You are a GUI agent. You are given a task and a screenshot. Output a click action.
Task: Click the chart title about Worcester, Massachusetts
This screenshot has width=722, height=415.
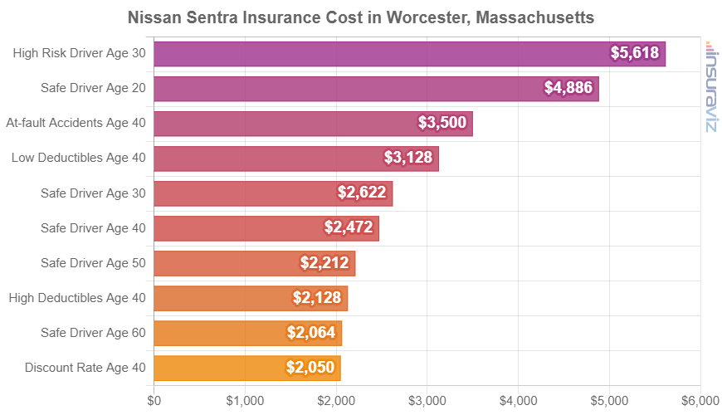coord(361,17)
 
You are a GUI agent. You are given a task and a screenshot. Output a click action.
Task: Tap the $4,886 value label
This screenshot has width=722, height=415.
coord(568,88)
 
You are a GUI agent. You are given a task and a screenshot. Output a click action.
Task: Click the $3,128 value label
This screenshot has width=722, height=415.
coord(408,158)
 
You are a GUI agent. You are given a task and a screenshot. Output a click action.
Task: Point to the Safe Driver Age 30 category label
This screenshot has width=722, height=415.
coord(93,193)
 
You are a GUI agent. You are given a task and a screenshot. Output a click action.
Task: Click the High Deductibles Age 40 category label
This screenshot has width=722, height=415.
coord(76,298)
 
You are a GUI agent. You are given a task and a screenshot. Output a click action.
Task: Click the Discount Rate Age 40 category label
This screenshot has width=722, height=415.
coord(85,368)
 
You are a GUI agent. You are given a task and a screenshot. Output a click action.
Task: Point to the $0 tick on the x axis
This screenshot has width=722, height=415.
coord(154,400)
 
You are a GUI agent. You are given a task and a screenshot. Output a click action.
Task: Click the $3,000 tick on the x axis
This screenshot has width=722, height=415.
coord(427,400)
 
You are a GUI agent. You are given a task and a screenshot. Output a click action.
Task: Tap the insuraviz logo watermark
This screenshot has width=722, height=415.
coord(710,86)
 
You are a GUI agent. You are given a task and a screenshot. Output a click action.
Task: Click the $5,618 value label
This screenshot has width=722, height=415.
coord(635,54)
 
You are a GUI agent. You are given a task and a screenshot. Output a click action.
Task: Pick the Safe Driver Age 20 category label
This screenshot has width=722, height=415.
coord(93,89)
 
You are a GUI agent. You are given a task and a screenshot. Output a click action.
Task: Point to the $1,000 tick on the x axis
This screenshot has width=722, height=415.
coord(245,400)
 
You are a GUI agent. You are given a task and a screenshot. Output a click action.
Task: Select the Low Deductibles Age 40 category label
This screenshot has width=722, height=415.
coord(78,159)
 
